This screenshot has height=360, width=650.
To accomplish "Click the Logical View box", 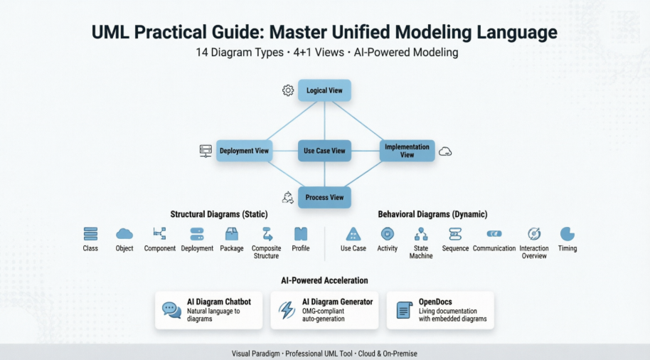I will [324, 91].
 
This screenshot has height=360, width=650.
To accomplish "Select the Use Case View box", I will [324, 151].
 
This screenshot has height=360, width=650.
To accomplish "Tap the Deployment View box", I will [244, 151].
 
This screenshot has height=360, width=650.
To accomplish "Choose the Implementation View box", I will [407, 151].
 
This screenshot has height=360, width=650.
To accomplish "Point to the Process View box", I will [324, 197].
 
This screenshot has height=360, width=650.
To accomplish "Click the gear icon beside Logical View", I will [287, 90].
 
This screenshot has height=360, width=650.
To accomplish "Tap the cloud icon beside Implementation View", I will [445, 152].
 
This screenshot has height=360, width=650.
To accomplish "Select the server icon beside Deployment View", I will [206, 151].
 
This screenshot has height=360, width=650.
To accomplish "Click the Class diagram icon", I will [90, 233].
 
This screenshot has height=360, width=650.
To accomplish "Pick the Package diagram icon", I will [231, 233].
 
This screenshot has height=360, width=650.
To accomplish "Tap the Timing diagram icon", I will [567, 233].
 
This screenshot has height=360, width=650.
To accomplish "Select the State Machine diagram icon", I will [421, 233].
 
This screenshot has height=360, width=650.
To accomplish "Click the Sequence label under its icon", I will [455, 249].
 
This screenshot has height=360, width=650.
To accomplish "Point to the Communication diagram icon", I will [494, 233].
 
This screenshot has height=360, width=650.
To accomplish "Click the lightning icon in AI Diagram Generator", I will [287, 310].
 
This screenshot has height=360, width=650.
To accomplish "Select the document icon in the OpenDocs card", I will [404, 310].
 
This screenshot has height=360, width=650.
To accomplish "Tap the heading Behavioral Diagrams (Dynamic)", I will [432, 214].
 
